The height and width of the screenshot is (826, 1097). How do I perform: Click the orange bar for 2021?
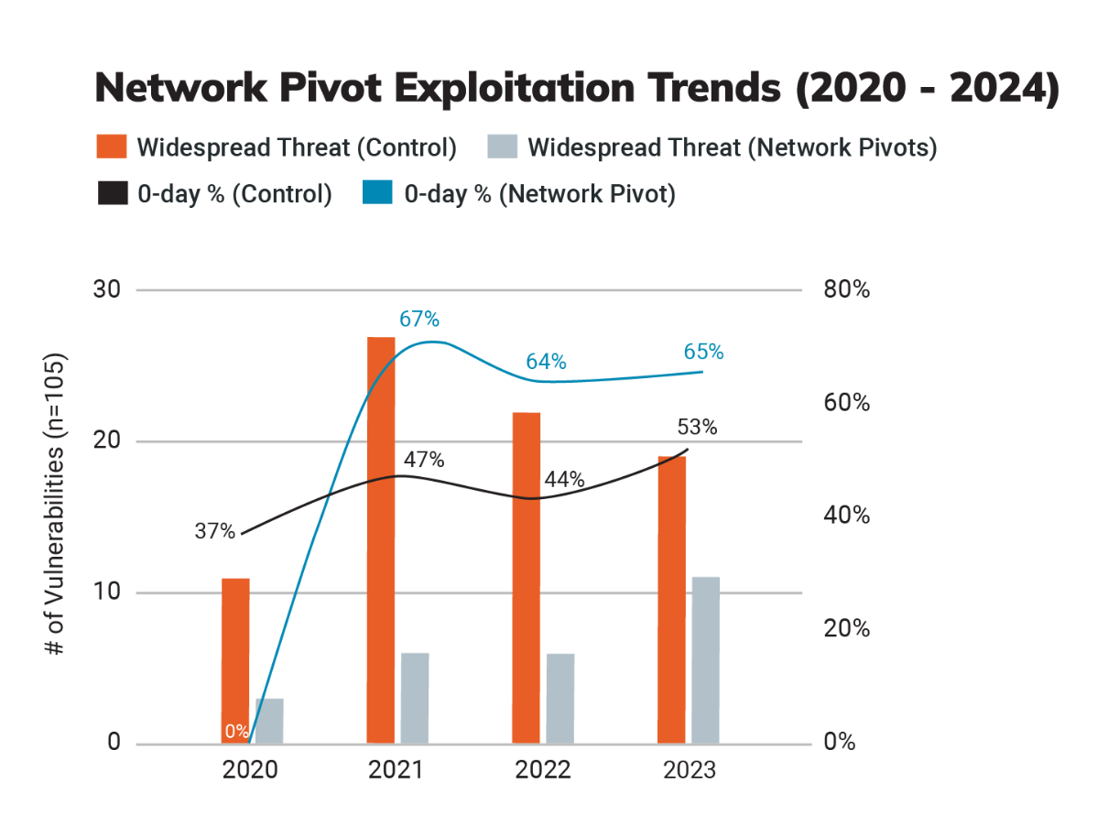click(x=381, y=539)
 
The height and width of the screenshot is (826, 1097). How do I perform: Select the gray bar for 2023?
click(x=705, y=659)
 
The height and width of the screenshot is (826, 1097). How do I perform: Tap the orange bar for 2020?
click(x=235, y=660)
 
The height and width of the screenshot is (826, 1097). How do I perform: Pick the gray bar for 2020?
click(x=269, y=720)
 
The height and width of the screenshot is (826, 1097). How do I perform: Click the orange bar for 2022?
click(x=526, y=577)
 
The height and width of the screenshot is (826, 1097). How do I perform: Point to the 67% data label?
click(x=419, y=320)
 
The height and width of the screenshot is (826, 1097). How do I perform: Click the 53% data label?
click(x=697, y=428)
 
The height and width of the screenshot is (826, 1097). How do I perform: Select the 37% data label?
click(x=215, y=531)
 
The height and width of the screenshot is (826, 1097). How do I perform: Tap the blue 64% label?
click(x=546, y=362)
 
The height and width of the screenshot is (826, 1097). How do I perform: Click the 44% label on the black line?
click(x=564, y=480)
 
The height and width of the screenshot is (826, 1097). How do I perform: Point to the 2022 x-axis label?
click(x=542, y=770)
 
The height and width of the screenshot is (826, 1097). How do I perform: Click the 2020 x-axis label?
click(x=250, y=770)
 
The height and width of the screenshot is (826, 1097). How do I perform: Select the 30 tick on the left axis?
click(x=108, y=289)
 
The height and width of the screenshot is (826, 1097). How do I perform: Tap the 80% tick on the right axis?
click(x=846, y=290)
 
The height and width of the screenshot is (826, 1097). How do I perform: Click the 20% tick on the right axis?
click(x=846, y=629)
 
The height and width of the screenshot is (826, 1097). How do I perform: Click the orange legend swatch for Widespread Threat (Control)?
click(x=112, y=147)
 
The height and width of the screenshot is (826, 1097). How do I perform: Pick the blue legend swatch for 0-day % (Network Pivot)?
click(x=377, y=193)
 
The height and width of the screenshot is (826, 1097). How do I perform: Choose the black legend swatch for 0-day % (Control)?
click(x=112, y=193)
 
